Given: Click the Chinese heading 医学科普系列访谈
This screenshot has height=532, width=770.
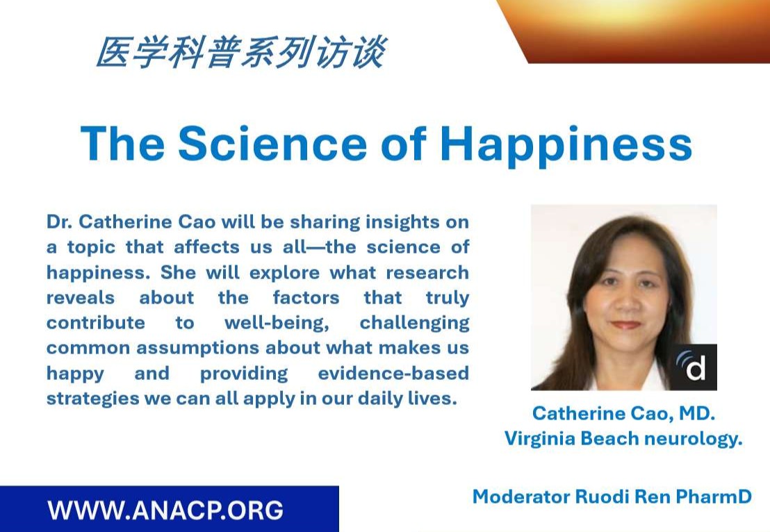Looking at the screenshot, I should coord(240,53).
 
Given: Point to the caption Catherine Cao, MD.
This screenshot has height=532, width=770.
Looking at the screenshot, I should coord(623,414).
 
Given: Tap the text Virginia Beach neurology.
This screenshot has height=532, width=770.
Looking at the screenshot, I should coord(623,439).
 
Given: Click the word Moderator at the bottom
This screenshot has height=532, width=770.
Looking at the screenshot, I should coord(521,497).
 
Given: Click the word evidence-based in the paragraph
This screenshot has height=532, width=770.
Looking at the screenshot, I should coord(393,373).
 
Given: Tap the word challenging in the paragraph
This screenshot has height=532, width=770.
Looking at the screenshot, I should coord(414,323).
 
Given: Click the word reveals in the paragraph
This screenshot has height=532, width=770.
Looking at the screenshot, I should coord(81,298).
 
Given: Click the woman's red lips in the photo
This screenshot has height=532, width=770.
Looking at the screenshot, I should coord(626,324).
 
